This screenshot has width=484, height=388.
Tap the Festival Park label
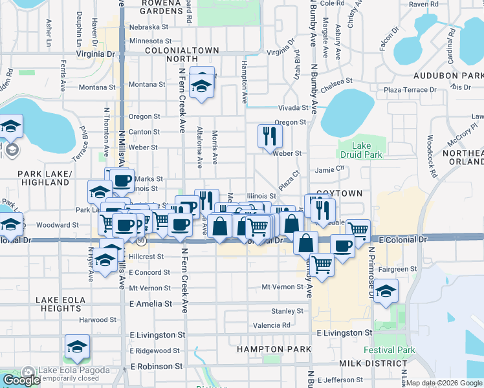[388, 350]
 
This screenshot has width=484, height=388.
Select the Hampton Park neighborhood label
[265, 349]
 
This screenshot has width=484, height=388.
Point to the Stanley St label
[283, 311]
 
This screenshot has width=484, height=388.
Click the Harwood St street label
[98, 319]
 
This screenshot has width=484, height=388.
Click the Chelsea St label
[340, 81]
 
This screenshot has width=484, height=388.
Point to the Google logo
[21, 380]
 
